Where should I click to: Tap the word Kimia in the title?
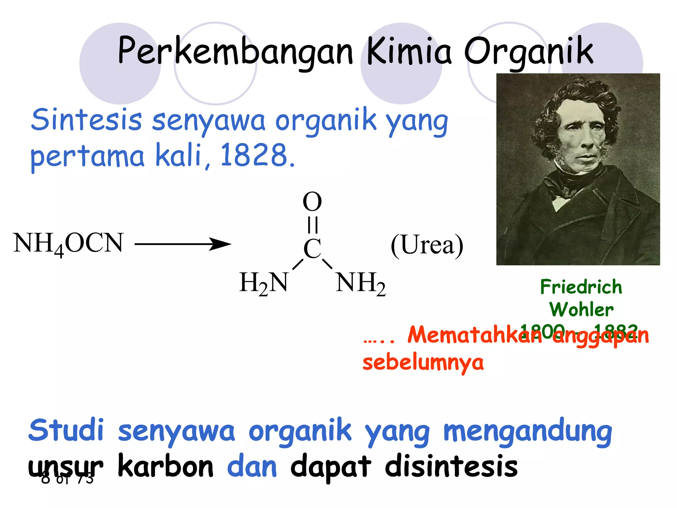(409, 51)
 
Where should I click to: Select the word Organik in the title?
(529, 51)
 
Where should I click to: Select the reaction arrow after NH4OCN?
(183, 244)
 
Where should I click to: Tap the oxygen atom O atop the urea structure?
(312, 202)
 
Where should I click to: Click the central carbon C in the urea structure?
(312, 249)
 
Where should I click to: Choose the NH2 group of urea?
(360, 283)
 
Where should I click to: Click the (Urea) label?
(427, 245)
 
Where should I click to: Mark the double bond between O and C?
(312, 225)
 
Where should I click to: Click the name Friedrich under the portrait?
(581, 287)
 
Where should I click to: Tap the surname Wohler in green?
(581, 310)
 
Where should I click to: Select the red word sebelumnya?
(423, 362)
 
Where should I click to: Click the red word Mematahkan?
(475, 335)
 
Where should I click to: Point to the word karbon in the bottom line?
(166, 467)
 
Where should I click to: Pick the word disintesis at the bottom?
(451, 467)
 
